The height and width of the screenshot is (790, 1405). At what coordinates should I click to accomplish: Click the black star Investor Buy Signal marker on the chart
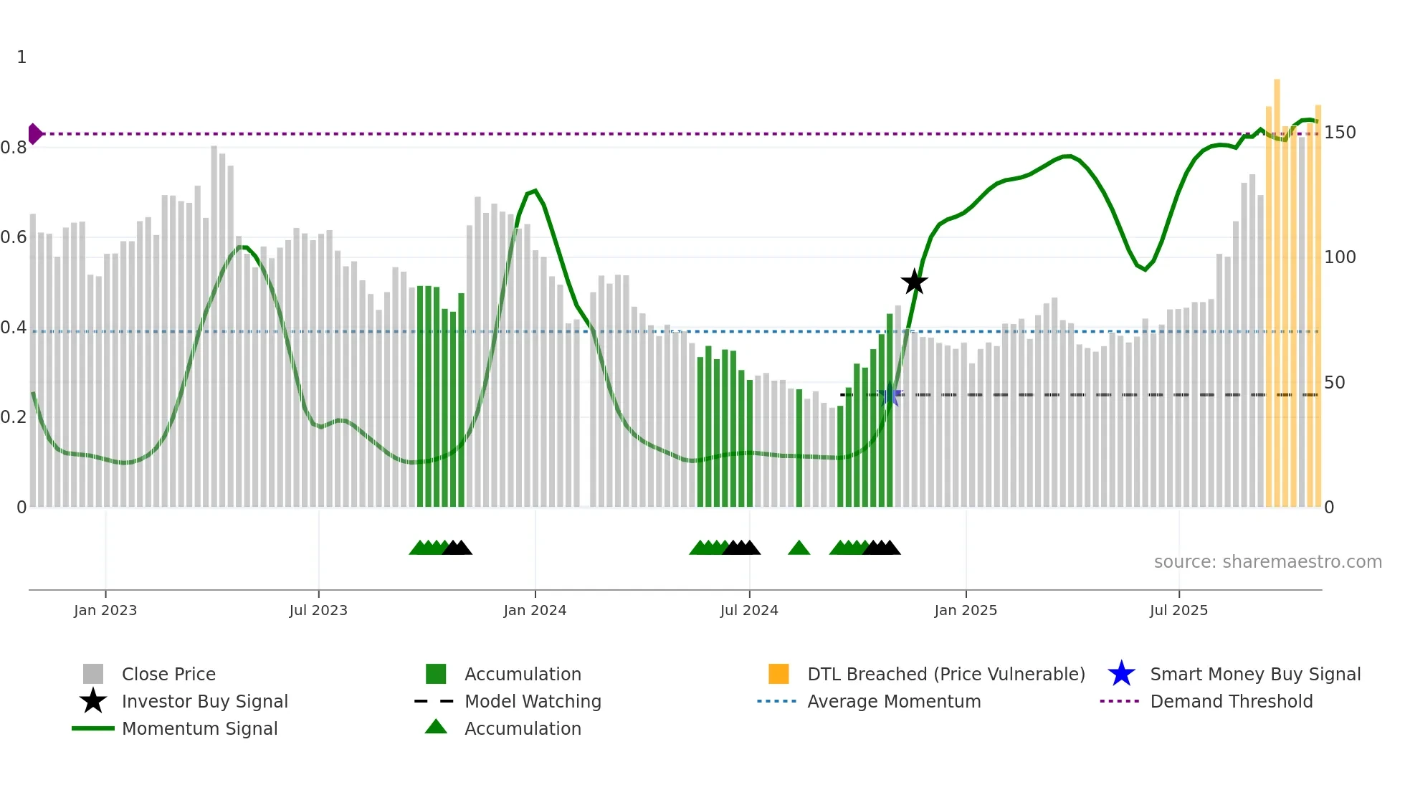pos(914,282)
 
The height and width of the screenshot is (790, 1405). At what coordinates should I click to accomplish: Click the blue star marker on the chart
pos(890,395)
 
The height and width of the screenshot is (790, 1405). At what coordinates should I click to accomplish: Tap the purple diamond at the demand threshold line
pos(34,134)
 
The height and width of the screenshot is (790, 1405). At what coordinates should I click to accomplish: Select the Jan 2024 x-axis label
pos(535,611)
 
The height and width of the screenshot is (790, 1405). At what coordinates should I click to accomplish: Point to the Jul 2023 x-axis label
pos(318,611)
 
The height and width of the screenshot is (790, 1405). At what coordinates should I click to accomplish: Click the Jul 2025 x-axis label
pos(1178,611)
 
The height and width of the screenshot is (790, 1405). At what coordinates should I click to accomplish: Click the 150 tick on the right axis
pos(1340,133)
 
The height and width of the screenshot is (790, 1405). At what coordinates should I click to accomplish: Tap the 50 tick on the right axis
pos(1334,383)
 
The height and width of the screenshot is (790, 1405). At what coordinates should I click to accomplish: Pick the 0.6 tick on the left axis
pos(14,237)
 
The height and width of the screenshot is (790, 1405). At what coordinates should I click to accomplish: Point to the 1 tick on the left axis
pos(22,57)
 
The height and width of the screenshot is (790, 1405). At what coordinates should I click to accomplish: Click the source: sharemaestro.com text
pos(1267,562)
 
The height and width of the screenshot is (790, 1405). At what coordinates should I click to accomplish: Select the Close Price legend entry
pos(168,675)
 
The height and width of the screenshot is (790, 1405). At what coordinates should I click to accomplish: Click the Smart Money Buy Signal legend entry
pos(1254,675)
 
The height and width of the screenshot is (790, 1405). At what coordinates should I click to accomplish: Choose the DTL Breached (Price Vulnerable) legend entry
pos(946,675)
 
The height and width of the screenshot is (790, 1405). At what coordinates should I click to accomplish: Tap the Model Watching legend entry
pos(533,702)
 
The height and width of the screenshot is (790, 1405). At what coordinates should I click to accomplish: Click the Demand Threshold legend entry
pos(1231,702)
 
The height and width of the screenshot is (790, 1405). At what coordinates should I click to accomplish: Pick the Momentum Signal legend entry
pos(199,729)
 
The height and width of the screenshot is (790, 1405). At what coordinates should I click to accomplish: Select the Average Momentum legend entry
pos(893,702)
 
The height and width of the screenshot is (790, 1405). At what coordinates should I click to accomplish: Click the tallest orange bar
pos(1277,287)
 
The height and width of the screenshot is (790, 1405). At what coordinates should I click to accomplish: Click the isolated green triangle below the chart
pos(799,548)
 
